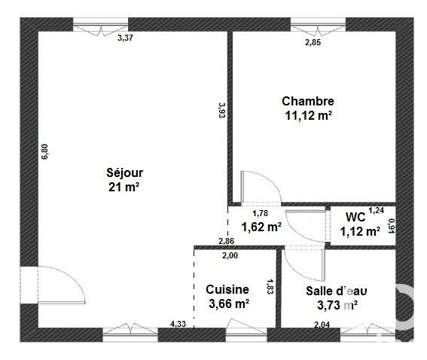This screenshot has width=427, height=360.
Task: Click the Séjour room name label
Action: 124,172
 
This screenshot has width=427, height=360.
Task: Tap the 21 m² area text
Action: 124,187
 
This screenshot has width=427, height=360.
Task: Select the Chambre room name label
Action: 307,101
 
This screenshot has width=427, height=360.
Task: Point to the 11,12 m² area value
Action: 307,115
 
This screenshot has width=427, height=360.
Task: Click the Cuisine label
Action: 227,289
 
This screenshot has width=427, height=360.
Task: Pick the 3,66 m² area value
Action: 227,304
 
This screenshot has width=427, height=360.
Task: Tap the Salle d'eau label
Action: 336,290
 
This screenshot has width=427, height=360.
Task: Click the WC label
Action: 355,217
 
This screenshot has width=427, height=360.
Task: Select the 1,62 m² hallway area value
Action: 261,226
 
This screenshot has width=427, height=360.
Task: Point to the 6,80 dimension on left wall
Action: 44,151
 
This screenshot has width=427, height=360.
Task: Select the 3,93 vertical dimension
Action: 221,111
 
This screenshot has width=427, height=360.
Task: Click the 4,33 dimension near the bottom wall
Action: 178,325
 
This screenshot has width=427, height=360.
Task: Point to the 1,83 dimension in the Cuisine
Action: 269,286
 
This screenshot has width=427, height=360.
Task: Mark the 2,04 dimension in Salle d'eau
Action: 322,325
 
